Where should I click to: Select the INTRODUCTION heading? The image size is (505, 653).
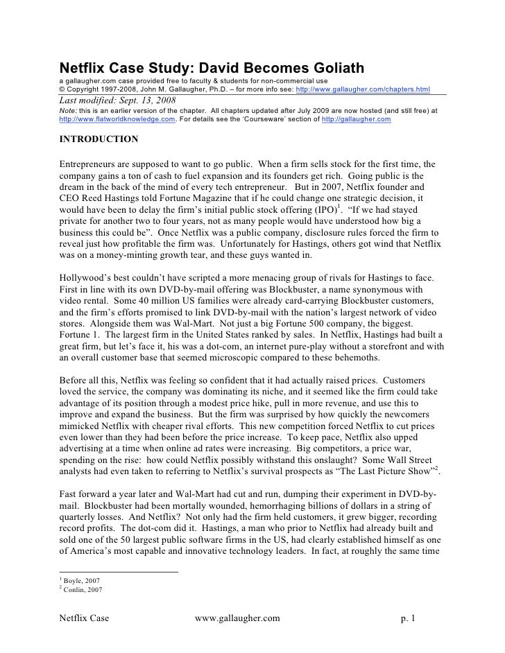click(99, 139)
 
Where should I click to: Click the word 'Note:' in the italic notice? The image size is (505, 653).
click(68, 110)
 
